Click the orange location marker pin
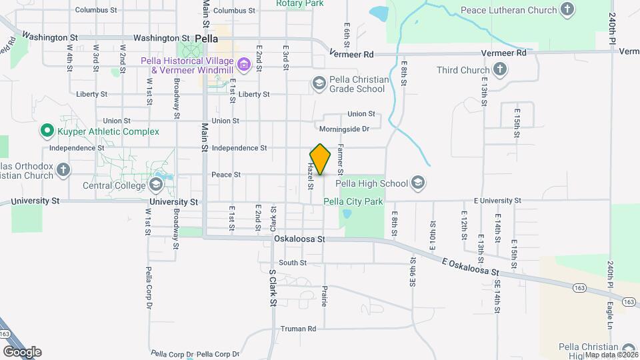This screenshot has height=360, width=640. [x=321, y=159]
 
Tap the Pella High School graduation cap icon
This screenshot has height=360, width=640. [x=418, y=183]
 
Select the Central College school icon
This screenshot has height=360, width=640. [x=156, y=185]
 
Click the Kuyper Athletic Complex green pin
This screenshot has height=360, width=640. [x=46, y=131]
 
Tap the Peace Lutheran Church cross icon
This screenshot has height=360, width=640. [x=567, y=10]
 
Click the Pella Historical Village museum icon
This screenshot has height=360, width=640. [x=244, y=65]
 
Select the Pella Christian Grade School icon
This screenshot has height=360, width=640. [x=319, y=83]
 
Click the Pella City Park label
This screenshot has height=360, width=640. [x=353, y=201]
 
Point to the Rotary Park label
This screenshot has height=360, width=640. [x=300, y=3]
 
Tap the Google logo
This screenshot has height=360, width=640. [x=21, y=351]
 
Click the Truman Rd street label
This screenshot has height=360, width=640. [x=298, y=329]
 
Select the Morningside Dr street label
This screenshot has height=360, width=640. [x=343, y=129]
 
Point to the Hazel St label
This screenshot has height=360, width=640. [x=311, y=177]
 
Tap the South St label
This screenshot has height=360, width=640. [x=293, y=263]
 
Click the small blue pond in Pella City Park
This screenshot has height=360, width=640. [x=346, y=215]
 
